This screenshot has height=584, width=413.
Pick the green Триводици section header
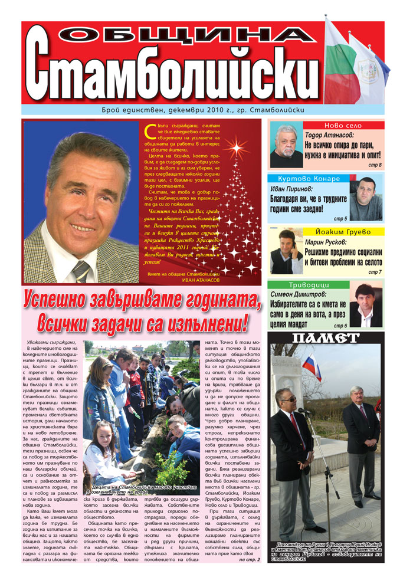[x=299, y=284]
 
